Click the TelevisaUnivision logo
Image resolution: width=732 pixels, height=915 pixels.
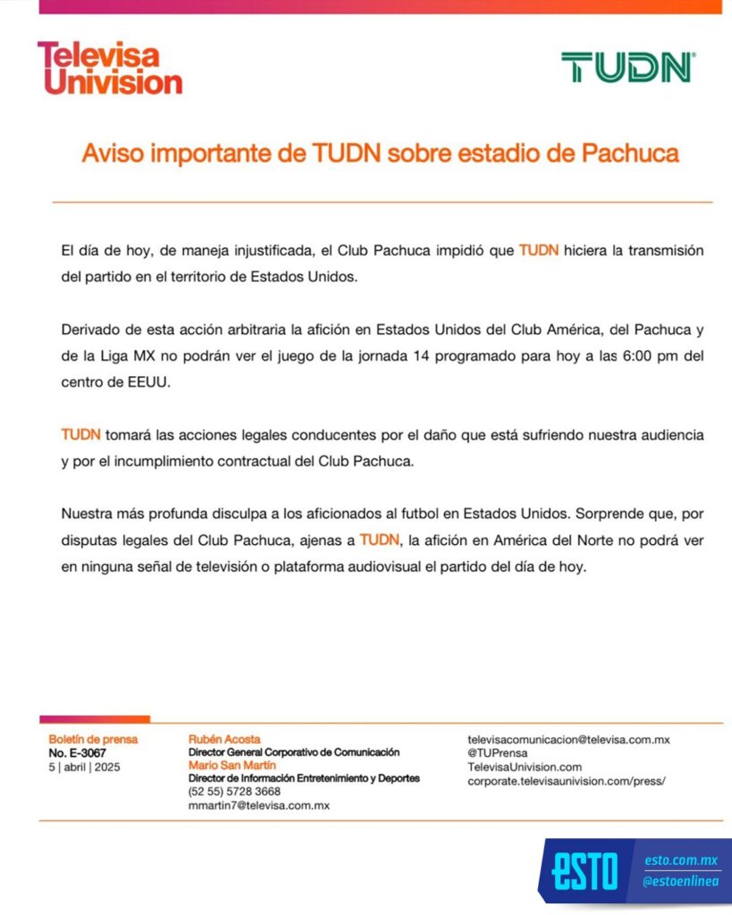click(x=109, y=68)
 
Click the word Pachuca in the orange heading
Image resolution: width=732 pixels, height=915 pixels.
click(x=630, y=154)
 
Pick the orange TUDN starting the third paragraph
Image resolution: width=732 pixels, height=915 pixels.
click(x=80, y=435)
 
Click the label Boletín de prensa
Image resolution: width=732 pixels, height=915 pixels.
click(x=93, y=740)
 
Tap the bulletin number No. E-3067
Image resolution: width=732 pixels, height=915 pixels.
click(x=77, y=753)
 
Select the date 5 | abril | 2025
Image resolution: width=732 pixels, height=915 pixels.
click(x=85, y=767)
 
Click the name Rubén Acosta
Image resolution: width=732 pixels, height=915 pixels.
click(x=224, y=739)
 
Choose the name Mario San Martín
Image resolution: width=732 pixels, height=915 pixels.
click(x=231, y=766)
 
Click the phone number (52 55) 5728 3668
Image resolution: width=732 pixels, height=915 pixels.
click(x=234, y=792)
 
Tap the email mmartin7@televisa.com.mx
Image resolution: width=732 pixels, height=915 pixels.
click(x=259, y=805)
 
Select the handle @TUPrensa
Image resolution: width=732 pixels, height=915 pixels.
click(x=498, y=753)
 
